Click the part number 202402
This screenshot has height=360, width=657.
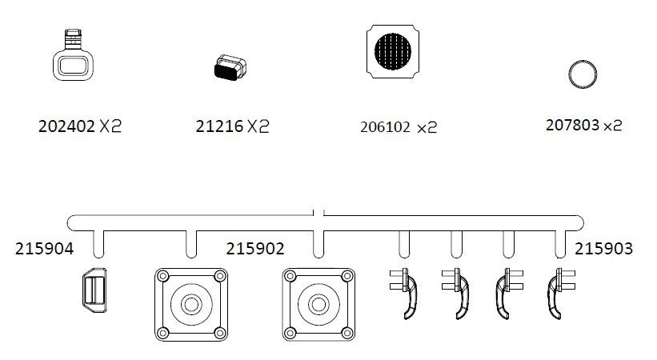coord(66,126)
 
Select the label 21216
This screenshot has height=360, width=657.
coord(219,126)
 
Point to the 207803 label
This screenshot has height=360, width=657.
coord(571,125)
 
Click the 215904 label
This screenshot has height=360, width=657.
coord(44,250)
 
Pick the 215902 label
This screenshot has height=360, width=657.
coord(256,249)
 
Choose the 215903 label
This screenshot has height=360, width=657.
coord(603,249)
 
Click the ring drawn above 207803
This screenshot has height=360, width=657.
coord(583,74)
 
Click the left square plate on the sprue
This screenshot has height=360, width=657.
coord(190,304)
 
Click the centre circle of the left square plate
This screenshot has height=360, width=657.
coord(190,304)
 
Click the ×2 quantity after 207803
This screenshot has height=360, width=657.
coord(612,126)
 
